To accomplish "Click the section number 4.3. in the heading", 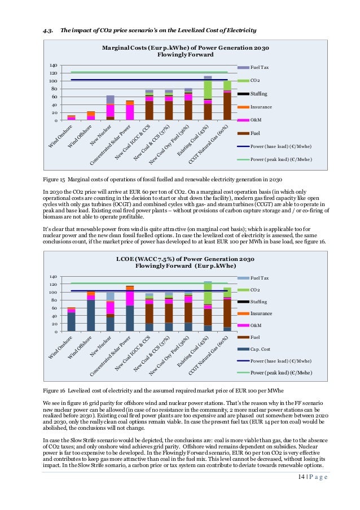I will (49, 29).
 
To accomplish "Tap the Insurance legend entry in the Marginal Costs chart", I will (261, 106).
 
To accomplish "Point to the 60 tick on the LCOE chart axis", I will (54, 308).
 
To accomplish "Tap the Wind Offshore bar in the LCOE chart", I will (90, 311).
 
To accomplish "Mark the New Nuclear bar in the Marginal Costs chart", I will (111, 108).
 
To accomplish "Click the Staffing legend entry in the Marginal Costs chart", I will (258, 93).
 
